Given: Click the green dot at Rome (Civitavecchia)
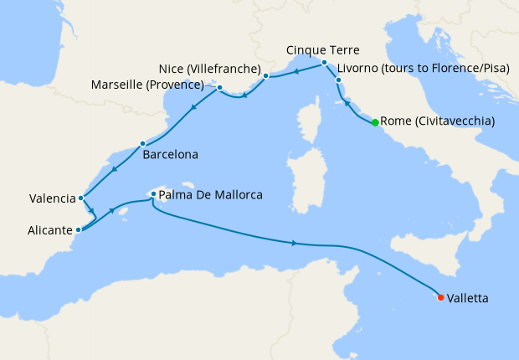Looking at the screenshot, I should (x=375, y=122).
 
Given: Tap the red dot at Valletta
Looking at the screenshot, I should (x=440, y=297).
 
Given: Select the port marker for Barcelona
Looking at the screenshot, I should (x=142, y=143).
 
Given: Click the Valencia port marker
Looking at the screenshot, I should (x=80, y=198).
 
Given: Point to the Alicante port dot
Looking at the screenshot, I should (x=78, y=229).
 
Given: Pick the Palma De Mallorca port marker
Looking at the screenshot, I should (x=153, y=194).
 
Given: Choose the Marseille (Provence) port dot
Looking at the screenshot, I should (x=219, y=87).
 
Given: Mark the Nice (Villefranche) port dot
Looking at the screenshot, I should (x=265, y=76).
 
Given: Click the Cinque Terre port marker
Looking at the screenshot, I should (x=324, y=62).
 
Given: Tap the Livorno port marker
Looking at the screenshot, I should (x=338, y=80).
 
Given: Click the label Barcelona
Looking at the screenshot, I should (x=170, y=155).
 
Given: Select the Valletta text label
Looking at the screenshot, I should (x=469, y=297).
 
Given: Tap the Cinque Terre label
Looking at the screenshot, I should (x=323, y=49).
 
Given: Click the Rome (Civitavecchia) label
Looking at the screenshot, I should (x=437, y=122).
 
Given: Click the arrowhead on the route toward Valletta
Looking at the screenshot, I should (x=295, y=244).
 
